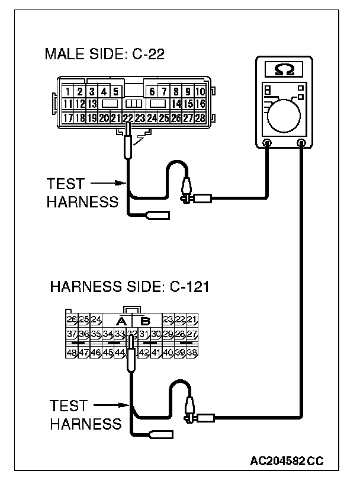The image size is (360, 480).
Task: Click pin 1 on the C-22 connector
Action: pyautogui.click(x=69, y=92)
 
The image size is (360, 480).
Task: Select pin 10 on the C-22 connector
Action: pyautogui.click(x=200, y=92)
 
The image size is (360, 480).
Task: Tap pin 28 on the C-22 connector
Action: pyautogui.click(x=200, y=118)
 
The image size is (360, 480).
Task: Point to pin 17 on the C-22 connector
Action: pyautogui.click(x=69, y=118)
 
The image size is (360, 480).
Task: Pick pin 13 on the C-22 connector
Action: pyautogui.click(x=92, y=104)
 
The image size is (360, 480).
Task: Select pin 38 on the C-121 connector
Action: pyautogui.click(x=192, y=352)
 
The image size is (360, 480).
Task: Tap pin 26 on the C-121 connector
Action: pyautogui.click(x=73, y=321)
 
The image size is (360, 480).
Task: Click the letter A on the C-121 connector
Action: pyautogui.click(x=121, y=322)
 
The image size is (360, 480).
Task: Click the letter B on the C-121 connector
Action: pyautogui.click(x=145, y=322)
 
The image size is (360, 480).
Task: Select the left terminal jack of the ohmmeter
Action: pyautogui.click(x=267, y=143)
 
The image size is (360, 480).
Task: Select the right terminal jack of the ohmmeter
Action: pyautogui.click(x=302, y=143)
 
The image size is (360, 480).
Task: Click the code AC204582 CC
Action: pyautogui.click(x=287, y=460)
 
